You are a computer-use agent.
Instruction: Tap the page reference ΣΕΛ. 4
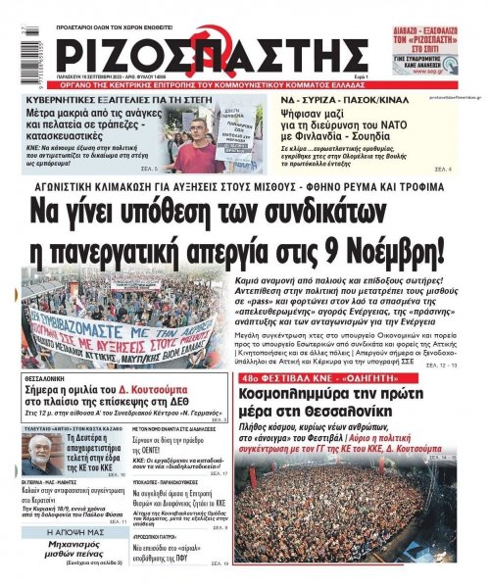[469, 171]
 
